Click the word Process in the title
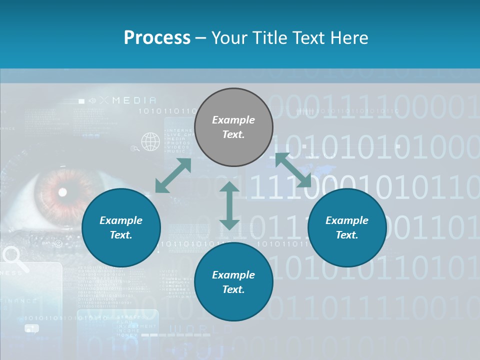157,38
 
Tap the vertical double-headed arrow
229,205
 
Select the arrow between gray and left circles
173,175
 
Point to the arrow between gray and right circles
293,170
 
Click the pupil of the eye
63,192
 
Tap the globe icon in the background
150,141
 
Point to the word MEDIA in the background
134,100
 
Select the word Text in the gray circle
233,134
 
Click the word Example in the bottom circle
233,274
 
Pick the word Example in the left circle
121,220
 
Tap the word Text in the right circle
347,235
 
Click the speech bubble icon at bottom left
31,328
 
